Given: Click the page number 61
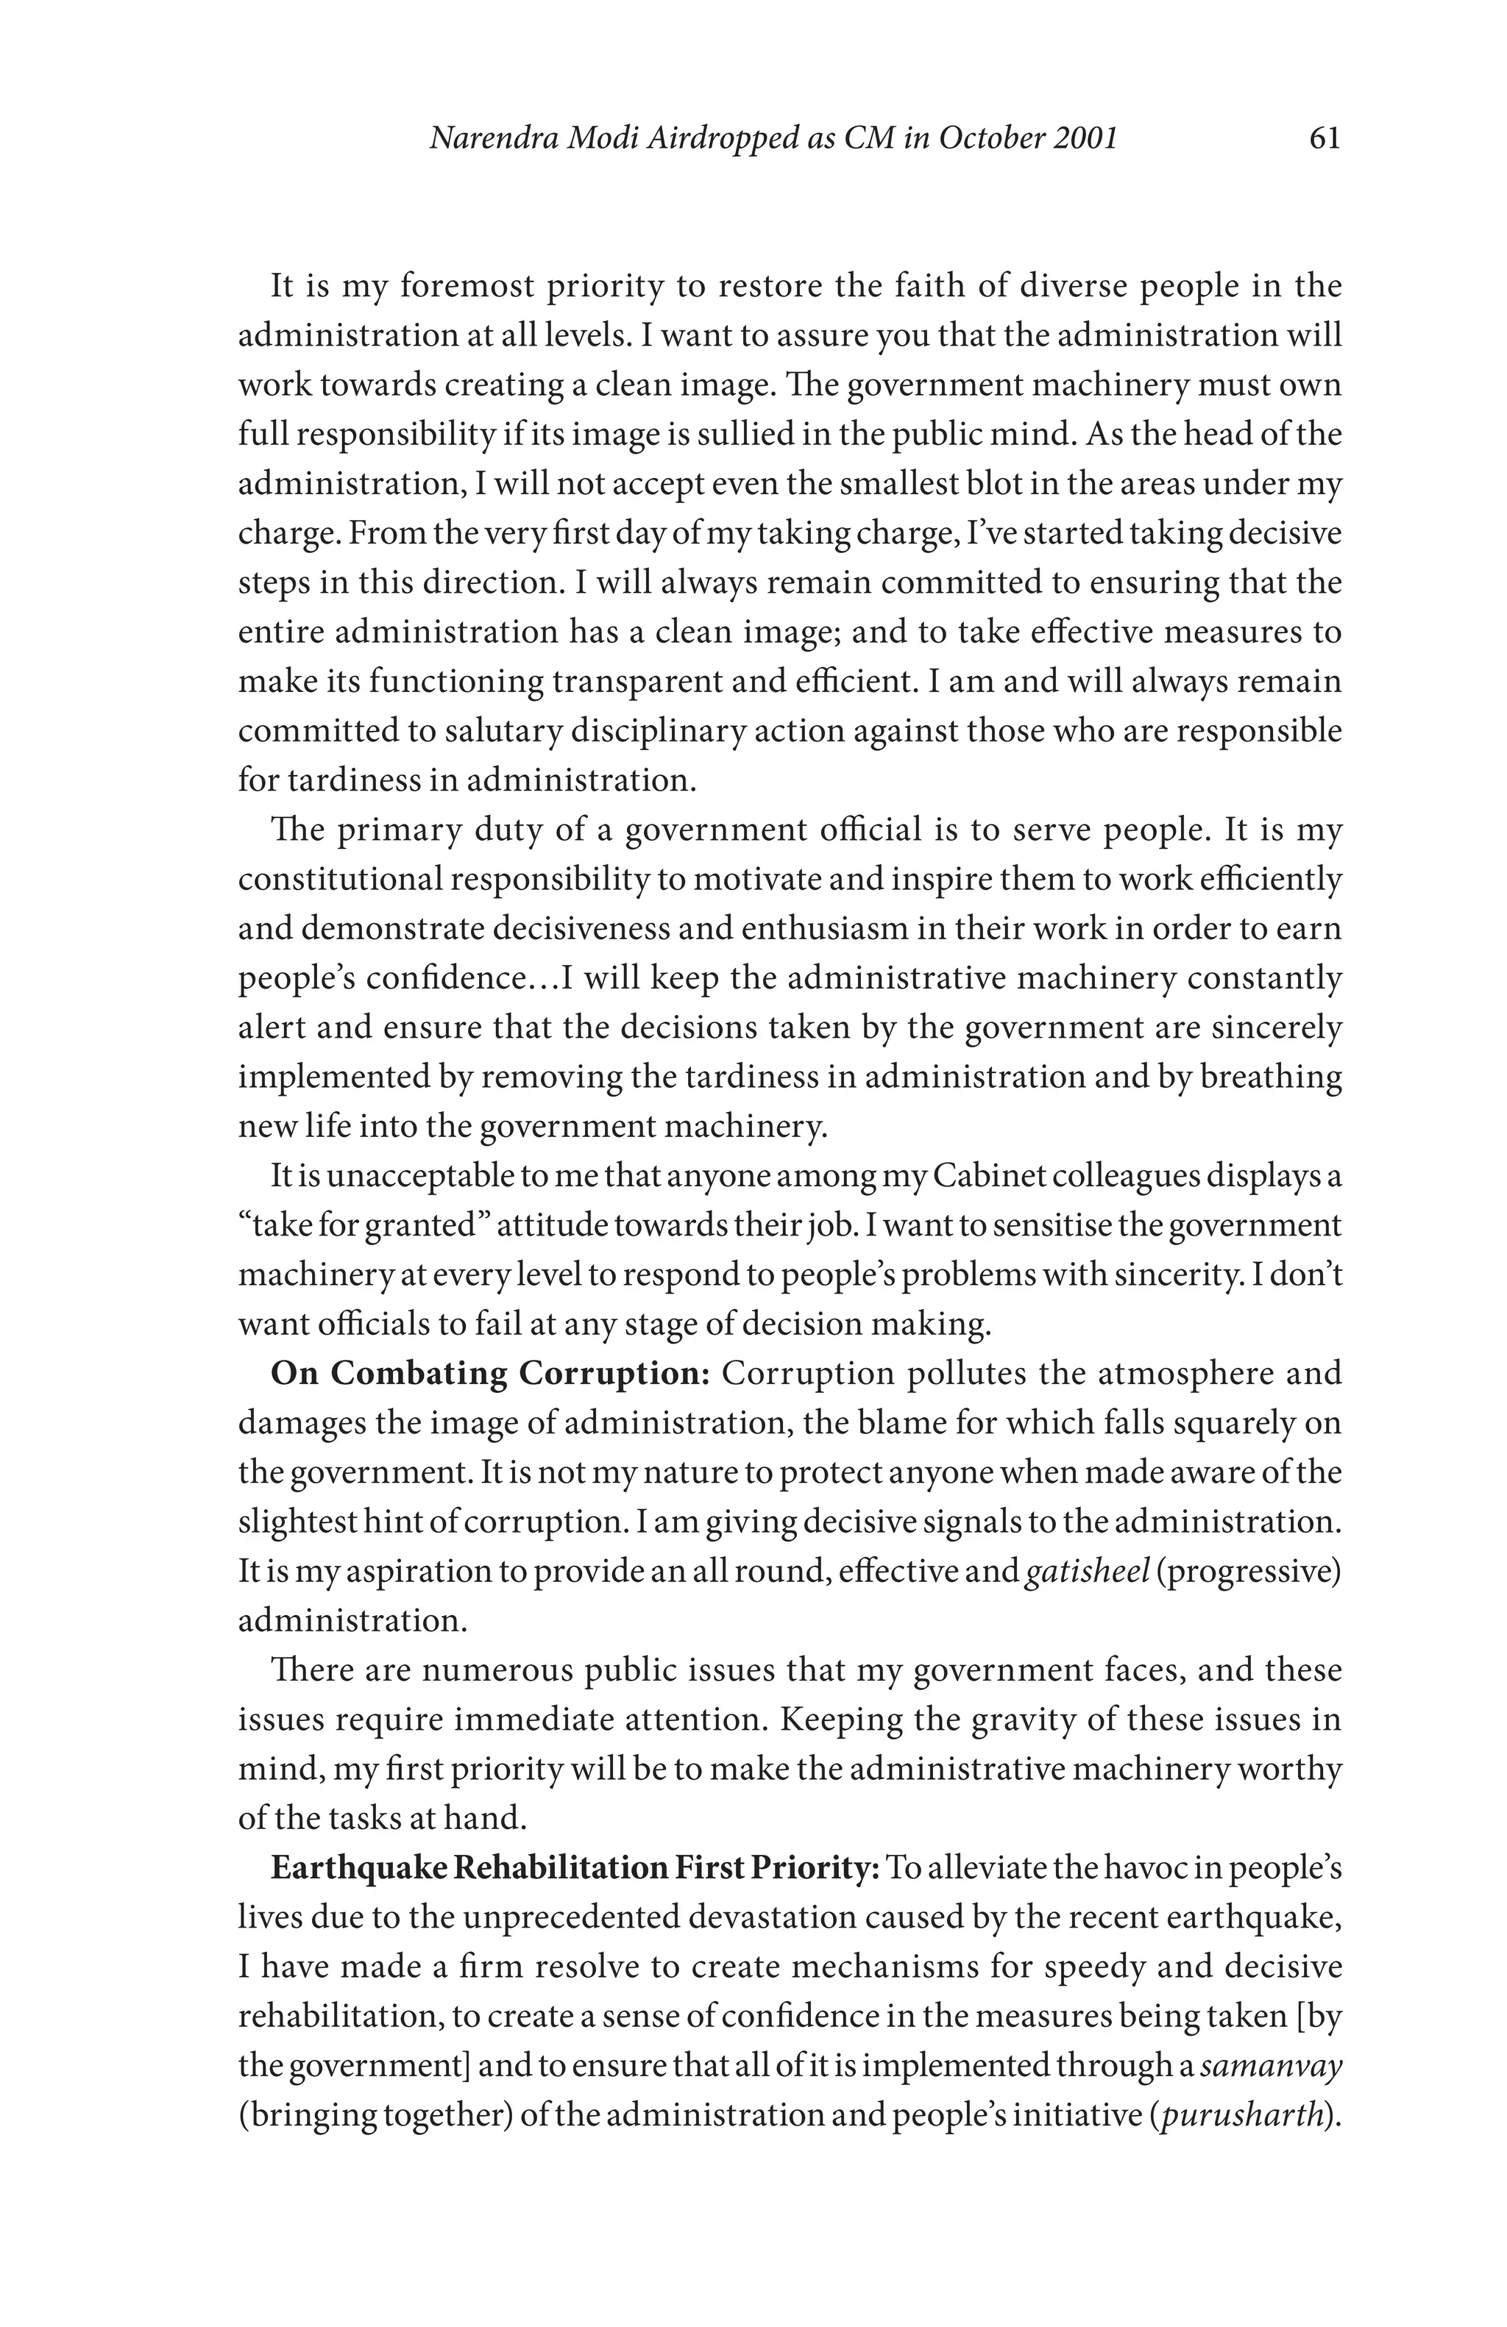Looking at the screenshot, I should click(1323, 139).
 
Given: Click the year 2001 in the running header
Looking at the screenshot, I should click(1085, 139).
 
